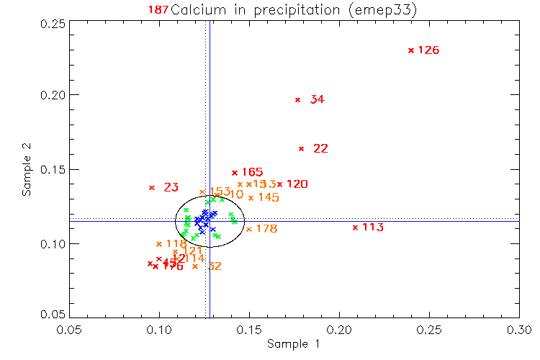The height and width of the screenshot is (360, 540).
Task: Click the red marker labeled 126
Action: (410, 50)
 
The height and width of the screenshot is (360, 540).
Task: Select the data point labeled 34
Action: (297, 99)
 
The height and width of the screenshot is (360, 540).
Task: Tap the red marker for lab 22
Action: (301, 149)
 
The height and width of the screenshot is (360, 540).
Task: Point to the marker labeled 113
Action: (355, 228)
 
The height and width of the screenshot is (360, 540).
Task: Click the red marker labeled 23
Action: (151, 188)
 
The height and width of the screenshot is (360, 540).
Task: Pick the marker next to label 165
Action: (234, 173)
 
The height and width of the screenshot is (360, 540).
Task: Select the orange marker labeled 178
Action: (248, 229)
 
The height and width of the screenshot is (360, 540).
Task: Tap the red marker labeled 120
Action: (279, 184)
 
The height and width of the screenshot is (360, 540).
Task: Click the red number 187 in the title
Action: (158, 9)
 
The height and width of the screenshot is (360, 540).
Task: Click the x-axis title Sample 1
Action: (293, 344)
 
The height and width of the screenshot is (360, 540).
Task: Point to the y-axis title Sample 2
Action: (27, 169)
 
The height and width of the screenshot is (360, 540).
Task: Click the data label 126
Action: (428, 50)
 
